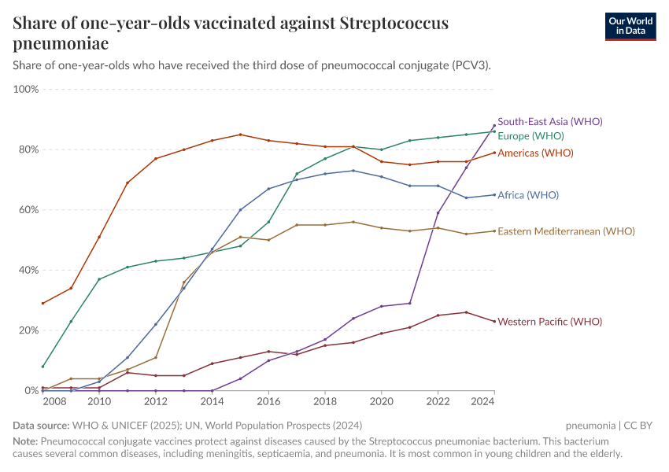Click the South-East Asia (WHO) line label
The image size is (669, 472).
click(x=549, y=122)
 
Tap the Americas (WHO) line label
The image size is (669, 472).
click(x=535, y=153)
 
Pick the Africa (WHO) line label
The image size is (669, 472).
click(x=528, y=195)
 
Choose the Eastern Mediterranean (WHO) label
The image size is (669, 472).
click(x=566, y=231)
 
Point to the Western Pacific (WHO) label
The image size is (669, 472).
click(x=549, y=322)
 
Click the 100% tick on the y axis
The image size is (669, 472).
click(x=26, y=90)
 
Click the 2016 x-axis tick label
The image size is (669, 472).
click(x=268, y=402)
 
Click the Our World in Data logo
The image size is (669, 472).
click(x=630, y=26)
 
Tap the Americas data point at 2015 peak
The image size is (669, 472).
click(x=240, y=135)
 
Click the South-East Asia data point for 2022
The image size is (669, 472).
click(x=438, y=213)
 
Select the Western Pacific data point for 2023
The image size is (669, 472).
click(x=466, y=312)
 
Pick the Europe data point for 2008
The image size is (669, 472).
click(x=43, y=367)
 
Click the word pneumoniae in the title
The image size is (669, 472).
click(x=61, y=43)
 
